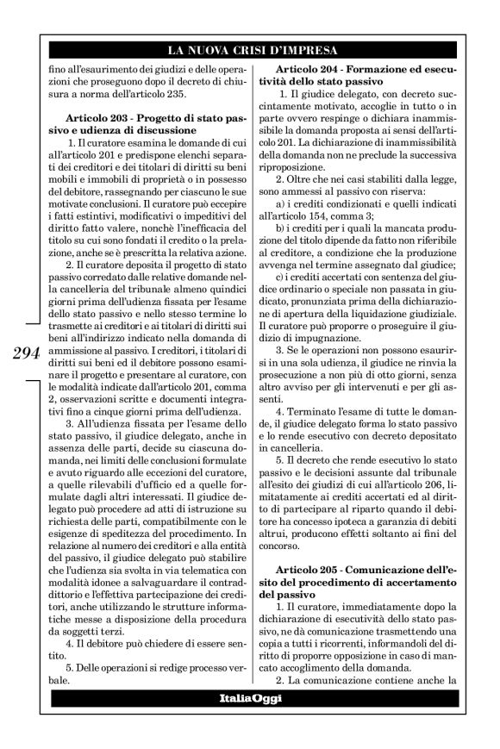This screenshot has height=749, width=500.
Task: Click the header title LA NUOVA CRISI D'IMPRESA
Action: [x=250, y=49]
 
